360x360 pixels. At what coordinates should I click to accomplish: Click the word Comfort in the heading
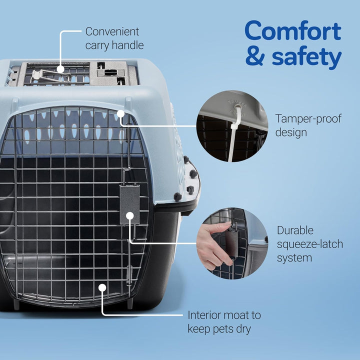[293, 32]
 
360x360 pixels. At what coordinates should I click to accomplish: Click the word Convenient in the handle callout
[112, 31]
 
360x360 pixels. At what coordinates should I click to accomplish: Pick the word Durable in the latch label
[295, 231]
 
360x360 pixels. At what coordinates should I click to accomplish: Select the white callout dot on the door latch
[129, 215]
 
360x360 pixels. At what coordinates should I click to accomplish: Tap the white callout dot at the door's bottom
[102, 287]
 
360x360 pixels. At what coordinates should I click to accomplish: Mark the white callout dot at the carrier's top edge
[120, 114]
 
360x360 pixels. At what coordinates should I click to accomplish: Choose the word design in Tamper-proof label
[291, 132]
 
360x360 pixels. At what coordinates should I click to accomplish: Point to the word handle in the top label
[128, 45]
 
